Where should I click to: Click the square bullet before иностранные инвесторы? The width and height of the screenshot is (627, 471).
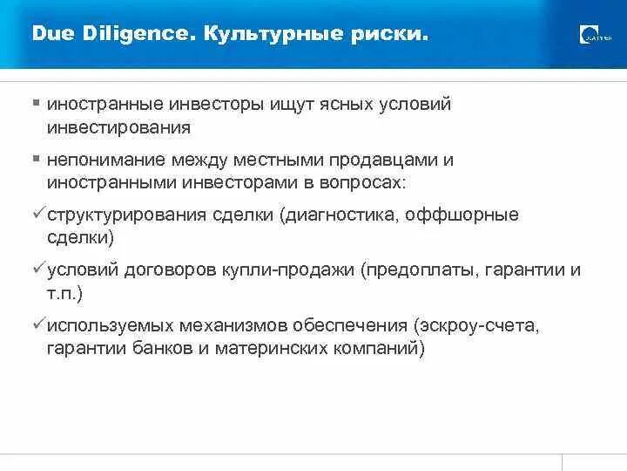point(37,103)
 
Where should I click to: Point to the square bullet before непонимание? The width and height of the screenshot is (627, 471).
point(37,160)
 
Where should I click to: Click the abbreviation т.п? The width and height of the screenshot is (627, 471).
point(62,294)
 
